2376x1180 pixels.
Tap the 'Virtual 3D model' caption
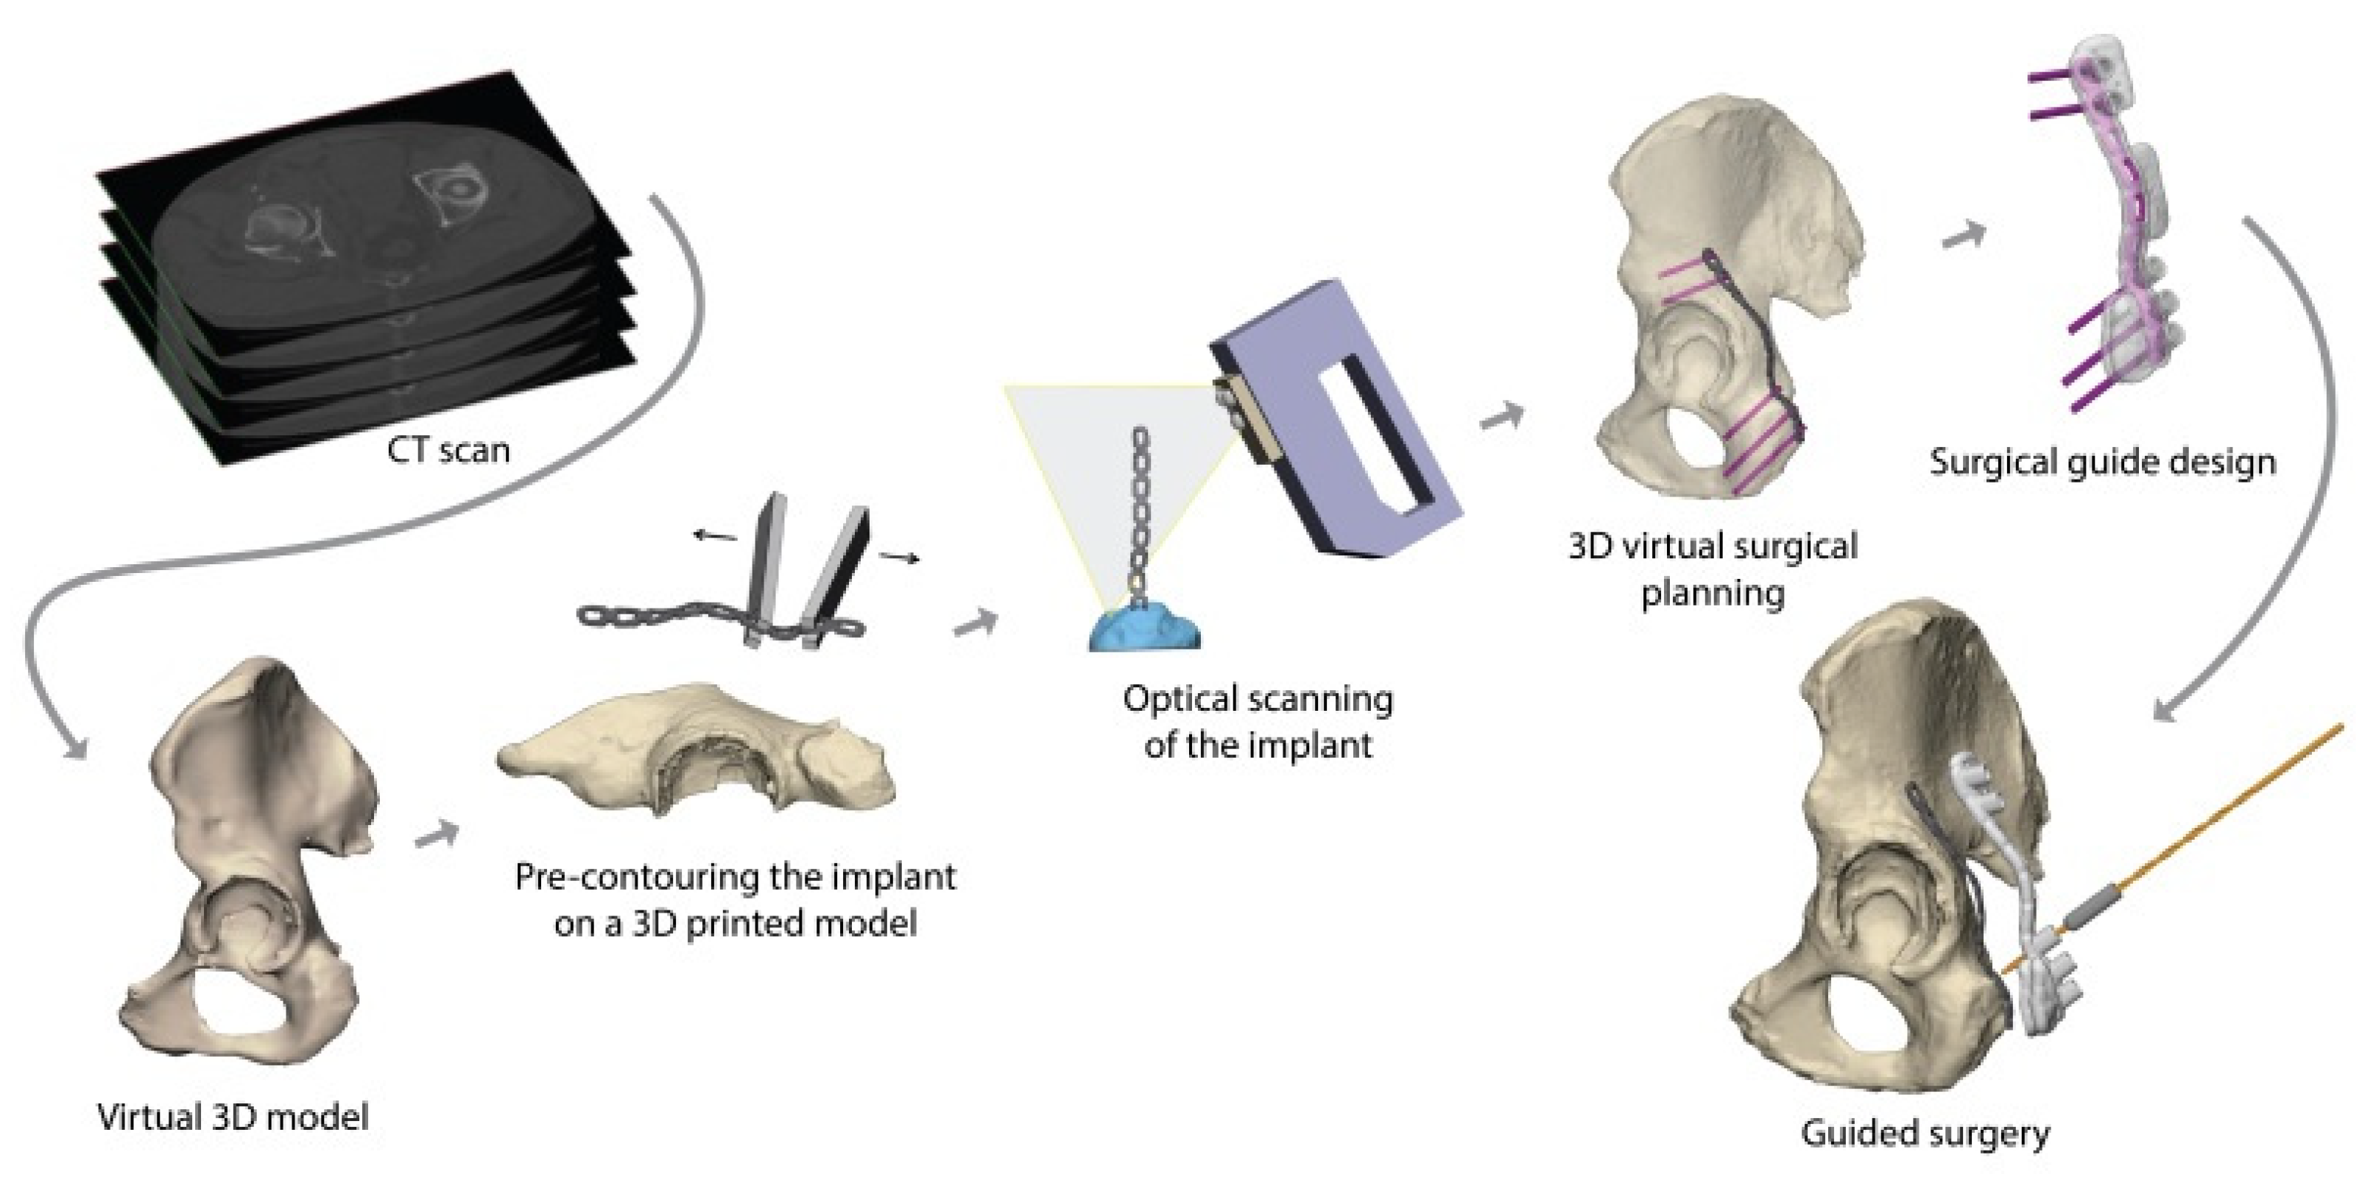(233, 1117)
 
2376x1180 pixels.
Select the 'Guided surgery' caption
(1925, 1131)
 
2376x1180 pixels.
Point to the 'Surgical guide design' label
(2102, 461)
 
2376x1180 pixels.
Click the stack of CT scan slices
(369, 295)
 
